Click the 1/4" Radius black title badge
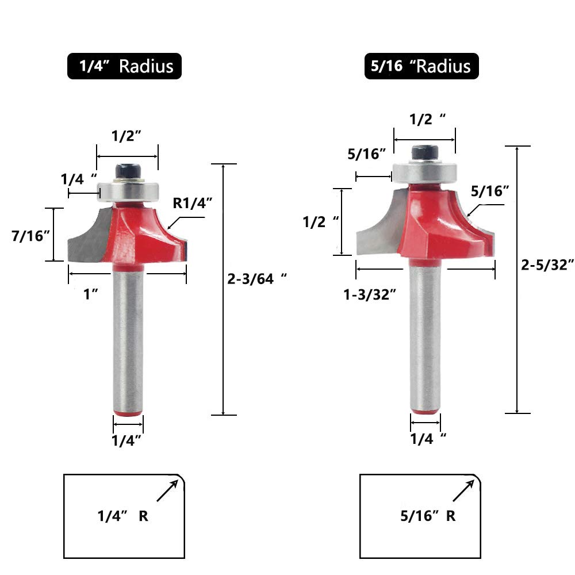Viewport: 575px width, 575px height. [124, 66]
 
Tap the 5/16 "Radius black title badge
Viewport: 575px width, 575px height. [421, 66]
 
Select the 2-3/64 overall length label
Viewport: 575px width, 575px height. [256, 279]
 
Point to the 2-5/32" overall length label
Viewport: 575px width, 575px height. [547, 264]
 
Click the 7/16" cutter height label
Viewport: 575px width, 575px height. [30, 236]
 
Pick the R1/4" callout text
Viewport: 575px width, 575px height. [192, 203]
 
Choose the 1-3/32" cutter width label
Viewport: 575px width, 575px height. [370, 294]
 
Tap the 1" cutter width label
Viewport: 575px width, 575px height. [91, 294]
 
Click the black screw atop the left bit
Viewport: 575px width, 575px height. [128, 171]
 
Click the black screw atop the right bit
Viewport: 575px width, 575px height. [425, 152]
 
